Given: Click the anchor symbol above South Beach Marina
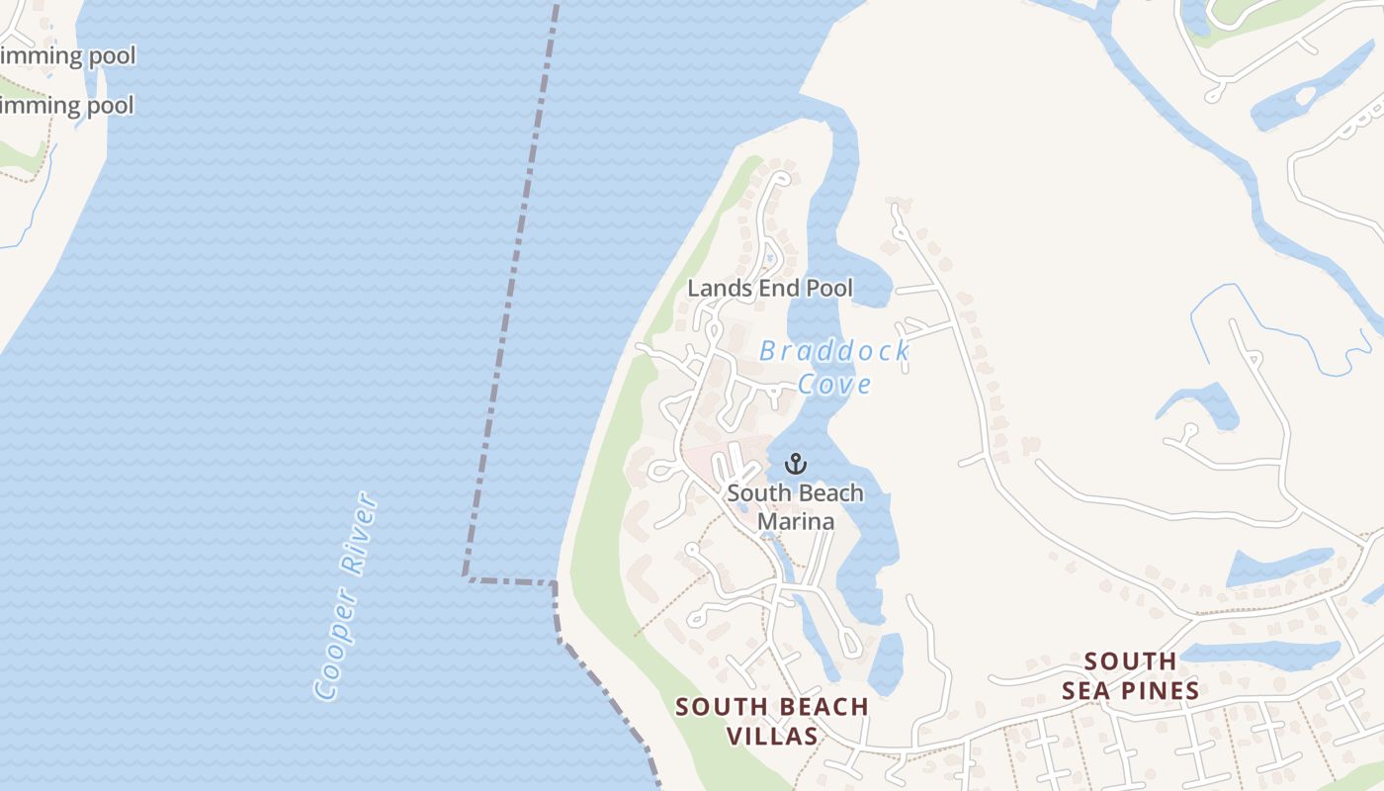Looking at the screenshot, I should click(796, 463).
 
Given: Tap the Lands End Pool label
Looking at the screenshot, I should click(770, 289).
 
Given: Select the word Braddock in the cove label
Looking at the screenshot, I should click(834, 350).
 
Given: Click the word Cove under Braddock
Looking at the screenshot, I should click(835, 384).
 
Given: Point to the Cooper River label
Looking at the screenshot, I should click(346, 596).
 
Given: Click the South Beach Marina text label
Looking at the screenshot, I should click(795, 506).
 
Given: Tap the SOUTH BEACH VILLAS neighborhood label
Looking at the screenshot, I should click(771, 721).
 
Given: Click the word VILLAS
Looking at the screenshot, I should click(772, 736).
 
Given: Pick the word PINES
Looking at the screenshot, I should click(1156, 690).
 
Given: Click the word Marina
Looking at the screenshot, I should click(796, 521).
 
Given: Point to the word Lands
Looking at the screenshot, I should click(713, 289).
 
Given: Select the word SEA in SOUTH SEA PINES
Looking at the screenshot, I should click(1131, 690).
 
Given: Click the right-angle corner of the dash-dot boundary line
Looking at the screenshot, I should click(466, 575).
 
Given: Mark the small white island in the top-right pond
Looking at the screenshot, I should click(1306, 97).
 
